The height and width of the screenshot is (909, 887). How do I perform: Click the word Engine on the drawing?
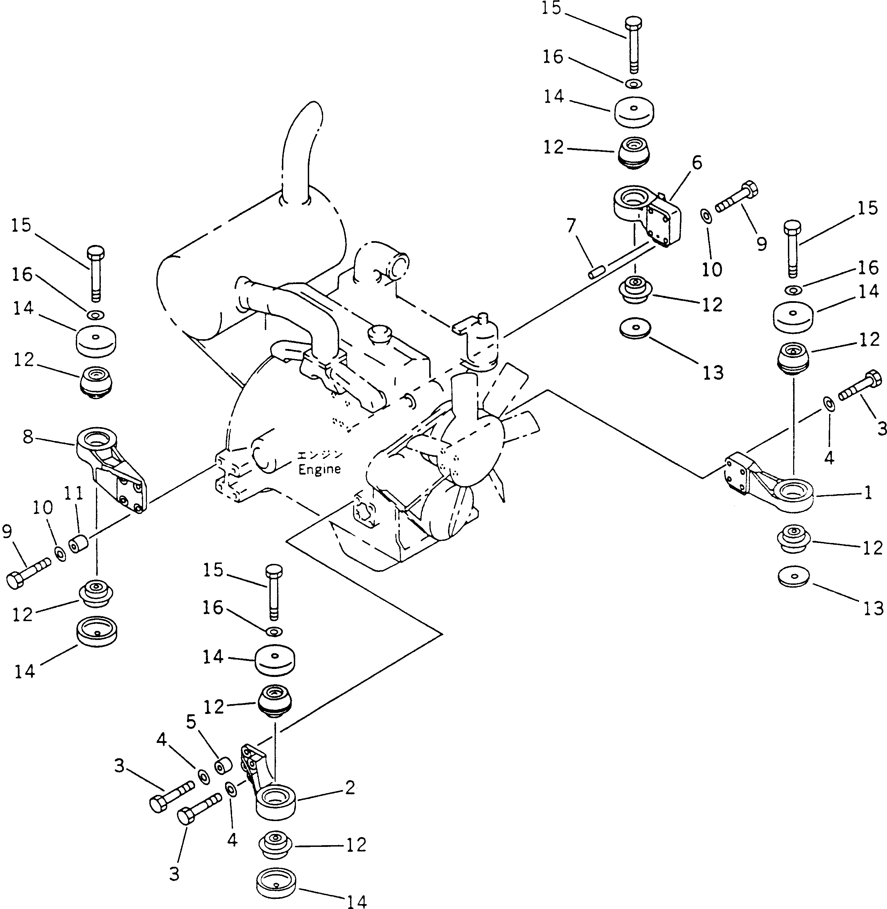(x=320, y=469)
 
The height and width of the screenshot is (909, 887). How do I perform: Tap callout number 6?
(x=696, y=163)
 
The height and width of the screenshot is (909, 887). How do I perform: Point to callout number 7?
(x=571, y=226)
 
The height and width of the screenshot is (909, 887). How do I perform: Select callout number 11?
(x=74, y=493)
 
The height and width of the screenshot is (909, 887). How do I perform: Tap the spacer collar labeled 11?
(x=78, y=544)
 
